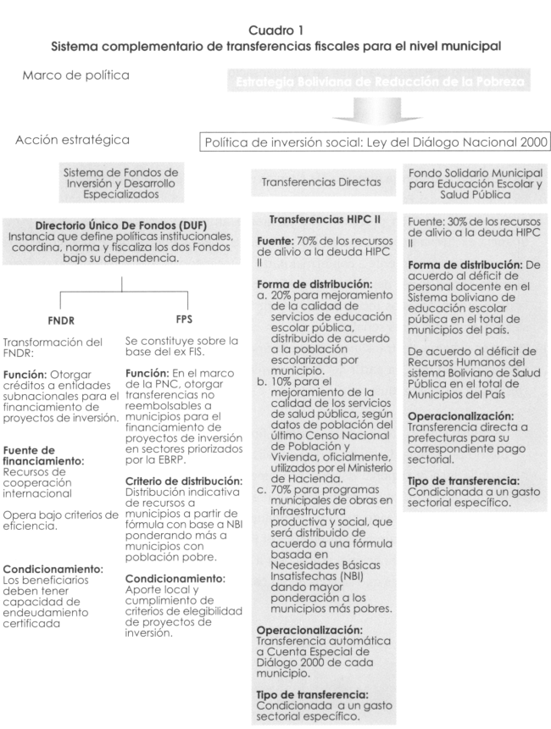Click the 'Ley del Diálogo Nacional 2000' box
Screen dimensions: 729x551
click(x=377, y=142)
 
